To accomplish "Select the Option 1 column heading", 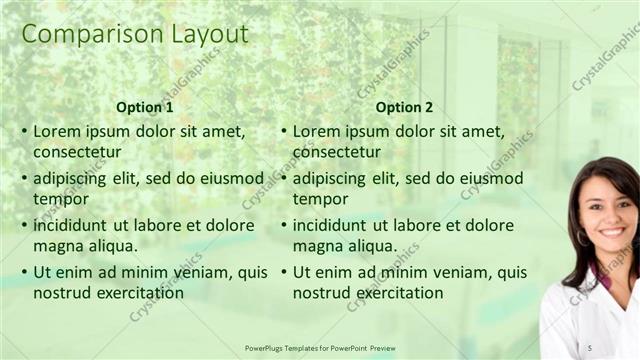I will click(144, 107).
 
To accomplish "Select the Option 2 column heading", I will click(404, 107).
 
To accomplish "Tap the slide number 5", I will click(590, 347).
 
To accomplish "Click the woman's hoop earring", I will click(581, 239).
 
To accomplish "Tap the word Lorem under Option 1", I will click(56, 131).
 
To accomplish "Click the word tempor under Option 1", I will click(60, 198).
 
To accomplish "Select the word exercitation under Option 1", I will click(136, 292).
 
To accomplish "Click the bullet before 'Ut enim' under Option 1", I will click(24, 271).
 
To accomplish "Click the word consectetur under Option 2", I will click(336, 152).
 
